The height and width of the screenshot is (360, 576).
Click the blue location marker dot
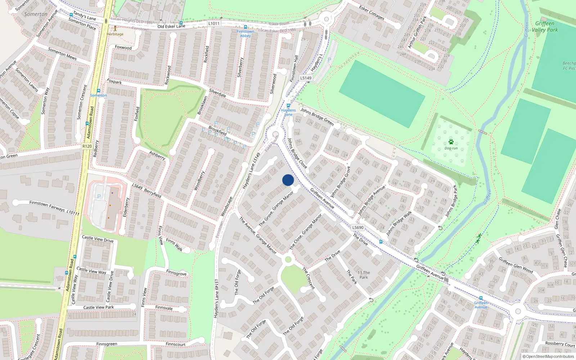[288, 180]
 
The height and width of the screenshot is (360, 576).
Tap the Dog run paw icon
[451, 142]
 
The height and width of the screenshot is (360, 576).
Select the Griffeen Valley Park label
[545, 27]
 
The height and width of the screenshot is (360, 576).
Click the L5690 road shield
[358, 228]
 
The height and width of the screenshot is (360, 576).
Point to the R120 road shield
[87, 146]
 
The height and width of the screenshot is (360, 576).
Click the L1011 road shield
[214, 23]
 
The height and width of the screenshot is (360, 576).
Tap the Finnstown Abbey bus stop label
[246, 33]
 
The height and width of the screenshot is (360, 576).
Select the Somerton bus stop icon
[99, 91]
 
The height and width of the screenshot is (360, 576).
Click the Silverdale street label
[218, 93]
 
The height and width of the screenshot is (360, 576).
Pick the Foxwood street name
[123, 48]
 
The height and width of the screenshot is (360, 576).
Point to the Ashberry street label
[157, 155]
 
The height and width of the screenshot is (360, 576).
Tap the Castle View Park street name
[99, 307]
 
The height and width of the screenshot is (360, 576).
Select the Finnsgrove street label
[176, 273]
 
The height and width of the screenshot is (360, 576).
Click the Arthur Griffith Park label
[417, 32]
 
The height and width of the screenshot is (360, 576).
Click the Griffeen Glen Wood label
[516, 265]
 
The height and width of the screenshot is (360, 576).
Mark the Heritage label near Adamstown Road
[115, 34]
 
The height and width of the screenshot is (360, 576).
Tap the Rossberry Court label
[560, 344]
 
